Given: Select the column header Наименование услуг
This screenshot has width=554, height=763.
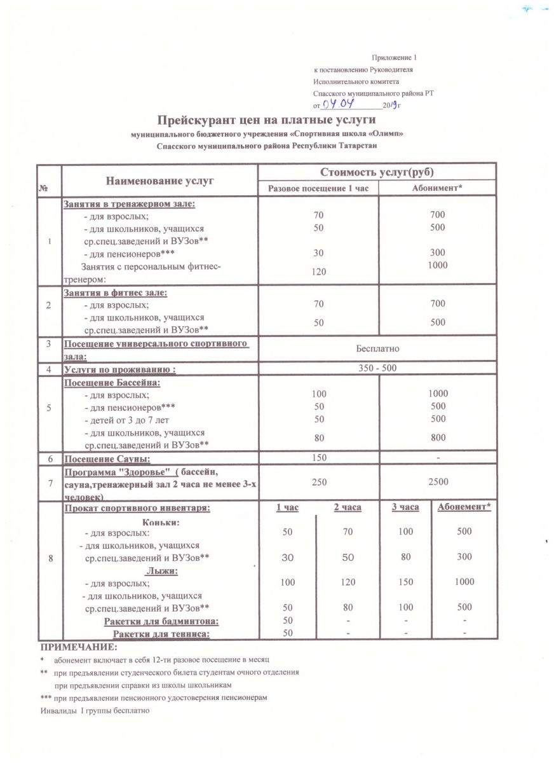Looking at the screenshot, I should coord(159,181).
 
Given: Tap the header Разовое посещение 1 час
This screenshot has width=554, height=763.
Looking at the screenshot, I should coord(318,189).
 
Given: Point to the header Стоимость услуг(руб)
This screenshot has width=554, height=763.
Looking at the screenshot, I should coord(377,172).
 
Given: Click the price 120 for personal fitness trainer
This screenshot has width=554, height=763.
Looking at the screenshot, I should coord(319,272).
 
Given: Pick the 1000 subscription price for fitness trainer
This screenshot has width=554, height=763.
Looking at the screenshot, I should coord(438,265).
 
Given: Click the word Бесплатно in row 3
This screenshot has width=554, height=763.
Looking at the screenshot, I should coord(377,348).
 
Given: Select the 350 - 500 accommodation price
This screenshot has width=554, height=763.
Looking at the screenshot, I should coord(377,368).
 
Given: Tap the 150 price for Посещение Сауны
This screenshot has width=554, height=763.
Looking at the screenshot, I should coord(319,457).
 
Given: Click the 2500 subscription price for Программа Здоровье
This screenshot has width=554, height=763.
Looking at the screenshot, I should coord(438,483).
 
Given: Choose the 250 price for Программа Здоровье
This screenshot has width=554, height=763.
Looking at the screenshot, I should coord(319,483).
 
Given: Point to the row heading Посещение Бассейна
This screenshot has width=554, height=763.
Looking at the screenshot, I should coord(111,383).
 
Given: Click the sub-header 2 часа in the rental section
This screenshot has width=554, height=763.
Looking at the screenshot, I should coord(348,507).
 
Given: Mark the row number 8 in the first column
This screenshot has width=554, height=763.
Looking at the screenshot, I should coord(50,558).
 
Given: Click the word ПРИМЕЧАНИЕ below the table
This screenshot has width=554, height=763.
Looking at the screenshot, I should coord(79,647).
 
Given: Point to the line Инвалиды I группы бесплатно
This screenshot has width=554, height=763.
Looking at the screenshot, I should coord(94,710).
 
